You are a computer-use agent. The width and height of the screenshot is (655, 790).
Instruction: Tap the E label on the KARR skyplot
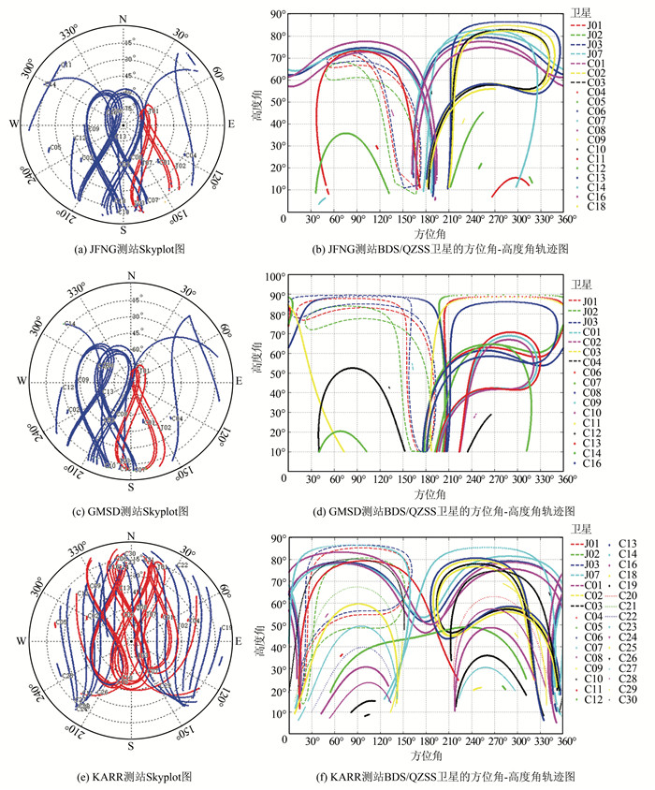tap(231, 640)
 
